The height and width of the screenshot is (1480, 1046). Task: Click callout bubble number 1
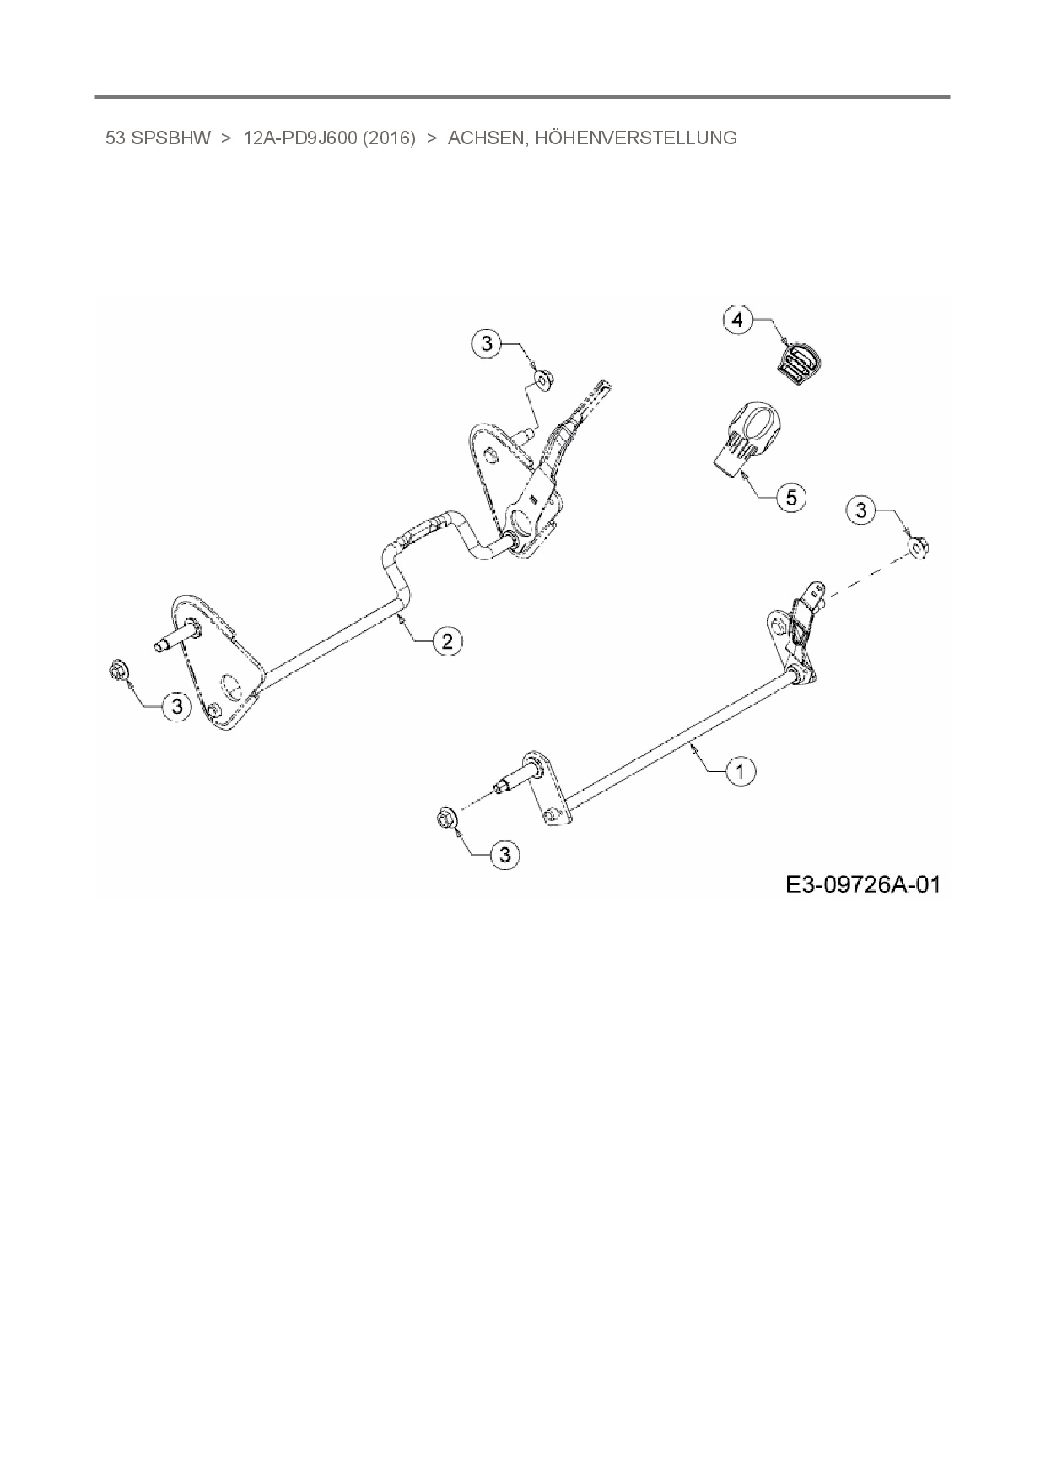pyautogui.click(x=741, y=770)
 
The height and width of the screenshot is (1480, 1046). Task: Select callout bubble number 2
pyautogui.click(x=447, y=641)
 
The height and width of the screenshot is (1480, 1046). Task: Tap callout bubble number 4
pyautogui.click(x=738, y=320)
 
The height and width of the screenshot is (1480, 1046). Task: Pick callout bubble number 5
pyautogui.click(x=791, y=497)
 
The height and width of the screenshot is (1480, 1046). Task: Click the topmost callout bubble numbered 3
pyautogui.click(x=487, y=343)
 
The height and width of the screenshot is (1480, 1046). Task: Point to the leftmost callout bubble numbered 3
pyautogui.click(x=176, y=705)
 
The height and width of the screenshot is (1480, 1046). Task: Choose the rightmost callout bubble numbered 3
pyautogui.click(x=861, y=510)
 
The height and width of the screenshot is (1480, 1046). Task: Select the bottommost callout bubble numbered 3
pyautogui.click(x=505, y=855)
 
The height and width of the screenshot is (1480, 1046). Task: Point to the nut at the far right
pyautogui.click(x=918, y=549)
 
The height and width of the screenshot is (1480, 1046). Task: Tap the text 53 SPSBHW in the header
pyautogui.click(x=158, y=138)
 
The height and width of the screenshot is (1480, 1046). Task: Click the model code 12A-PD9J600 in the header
pyautogui.click(x=297, y=138)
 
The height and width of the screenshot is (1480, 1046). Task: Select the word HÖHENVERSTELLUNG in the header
pyautogui.click(x=636, y=138)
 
